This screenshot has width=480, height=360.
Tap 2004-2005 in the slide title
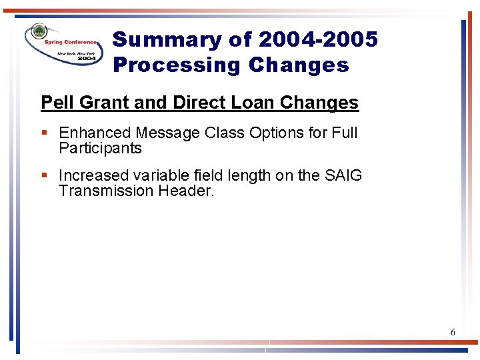[x=318, y=40]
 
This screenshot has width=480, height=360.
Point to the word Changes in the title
[x=299, y=65]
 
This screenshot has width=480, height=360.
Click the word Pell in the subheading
[x=56, y=103]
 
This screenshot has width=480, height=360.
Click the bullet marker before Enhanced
[x=44, y=133]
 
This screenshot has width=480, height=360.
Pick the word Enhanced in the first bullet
[x=95, y=133]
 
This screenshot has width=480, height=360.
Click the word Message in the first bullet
[x=165, y=133]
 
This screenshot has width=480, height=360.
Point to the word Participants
[x=100, y=148]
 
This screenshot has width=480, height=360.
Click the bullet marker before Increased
[x=44, y=175]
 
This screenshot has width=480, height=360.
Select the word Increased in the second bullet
[x=93, y=175]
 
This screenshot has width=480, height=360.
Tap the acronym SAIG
[x=343, y=175]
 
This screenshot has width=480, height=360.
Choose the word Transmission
[x=103, y=191]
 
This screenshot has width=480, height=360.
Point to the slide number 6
[x=453, y=332]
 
